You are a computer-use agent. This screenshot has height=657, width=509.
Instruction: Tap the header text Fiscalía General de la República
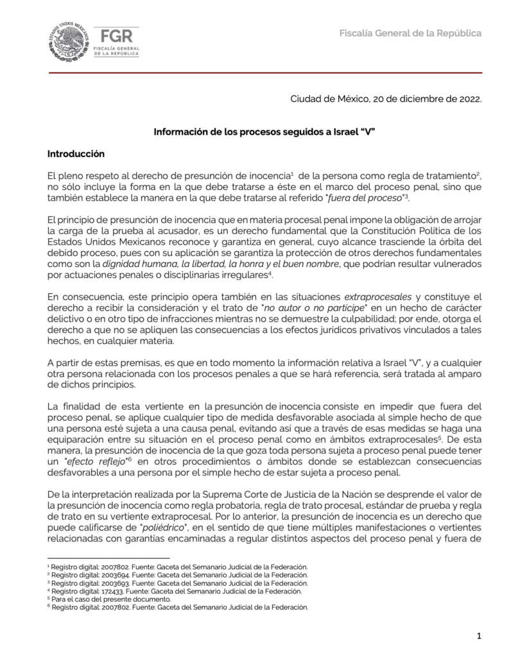(x=410, y=33)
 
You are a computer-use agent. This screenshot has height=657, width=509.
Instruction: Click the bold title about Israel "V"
(x=264, y=132)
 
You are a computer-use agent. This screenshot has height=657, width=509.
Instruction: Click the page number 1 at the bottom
(x=479, y=636)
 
